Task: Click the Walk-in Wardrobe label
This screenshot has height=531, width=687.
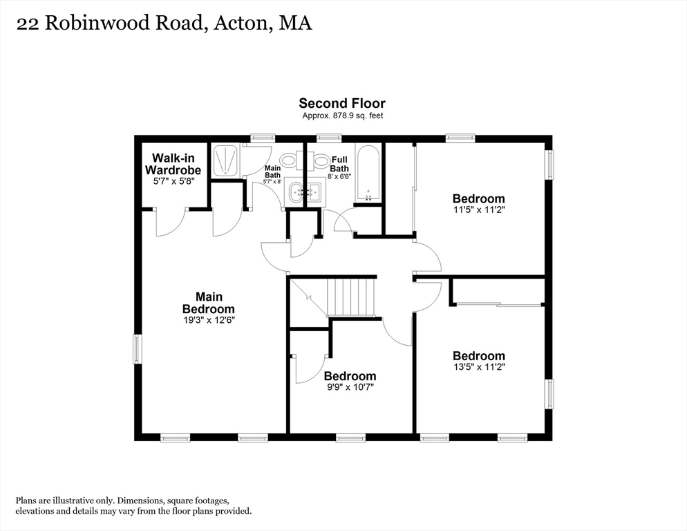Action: (x=173, y=164)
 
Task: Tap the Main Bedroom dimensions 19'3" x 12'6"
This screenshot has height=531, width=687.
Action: (x=209, y=320)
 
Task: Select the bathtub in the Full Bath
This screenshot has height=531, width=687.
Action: (x=368, y=174)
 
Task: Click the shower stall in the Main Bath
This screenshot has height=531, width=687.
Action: (x=225, y=161)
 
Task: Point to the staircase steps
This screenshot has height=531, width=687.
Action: (x=351, y=297)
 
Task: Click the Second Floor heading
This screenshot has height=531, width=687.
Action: (x=342, y=104)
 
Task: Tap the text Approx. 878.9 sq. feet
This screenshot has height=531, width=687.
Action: (x=343, y=115)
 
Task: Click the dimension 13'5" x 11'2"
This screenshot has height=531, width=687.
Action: (x=480, y=367)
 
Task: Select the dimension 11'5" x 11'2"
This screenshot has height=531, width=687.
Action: (x=480, y=209)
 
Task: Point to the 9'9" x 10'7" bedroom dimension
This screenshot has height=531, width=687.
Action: (x=350, y=387)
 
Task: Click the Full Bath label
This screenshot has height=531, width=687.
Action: (x=339, y=164)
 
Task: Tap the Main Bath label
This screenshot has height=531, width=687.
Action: (x=272, y=171)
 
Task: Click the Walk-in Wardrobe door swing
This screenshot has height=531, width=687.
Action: (x=171, y=223)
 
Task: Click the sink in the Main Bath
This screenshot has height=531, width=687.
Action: (x=295, y=193)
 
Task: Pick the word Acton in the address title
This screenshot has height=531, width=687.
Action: (x=241, y=23)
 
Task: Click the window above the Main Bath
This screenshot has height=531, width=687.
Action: (x=263, y=138)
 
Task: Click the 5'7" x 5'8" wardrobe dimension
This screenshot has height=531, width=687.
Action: (x=173, y=182)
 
